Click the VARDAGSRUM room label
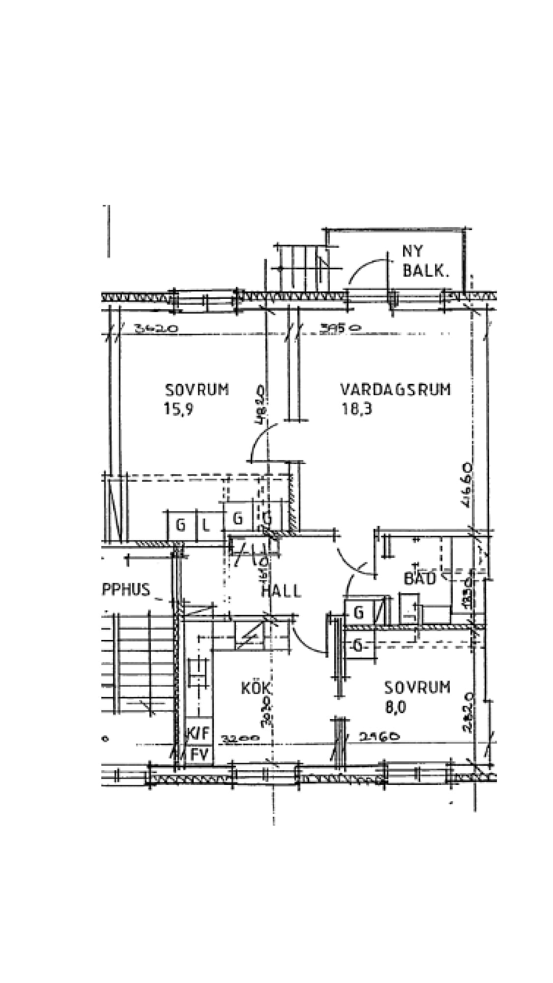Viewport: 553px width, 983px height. (x=395, y=390)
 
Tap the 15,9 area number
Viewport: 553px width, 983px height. (x=178, y=409)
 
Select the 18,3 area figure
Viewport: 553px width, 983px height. (x=356, y=409)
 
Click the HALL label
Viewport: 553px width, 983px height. (x=281, y=591)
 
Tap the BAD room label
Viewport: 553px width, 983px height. (x=420, y=578)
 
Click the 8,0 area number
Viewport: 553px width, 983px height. (x=396, y=708)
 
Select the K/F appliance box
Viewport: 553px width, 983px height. (x=198, y=733)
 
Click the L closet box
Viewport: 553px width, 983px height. (x=206, y=526)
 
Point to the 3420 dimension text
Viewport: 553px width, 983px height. (x=156, y=329)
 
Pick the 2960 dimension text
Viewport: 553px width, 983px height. (x=378, y=736)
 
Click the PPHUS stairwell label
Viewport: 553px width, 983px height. (x=125, y=589)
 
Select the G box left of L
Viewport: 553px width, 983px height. (x=180, y=526)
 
